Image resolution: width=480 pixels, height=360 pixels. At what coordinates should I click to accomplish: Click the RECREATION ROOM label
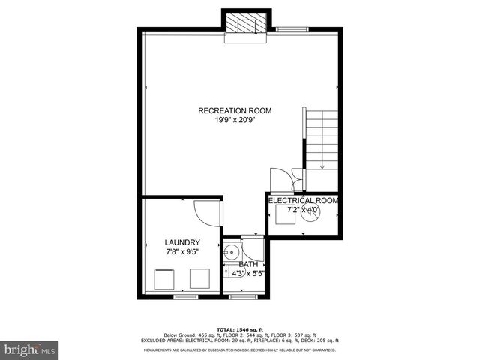click(235, 111)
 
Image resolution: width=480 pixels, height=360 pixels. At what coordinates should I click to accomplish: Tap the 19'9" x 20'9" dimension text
click(235, 120)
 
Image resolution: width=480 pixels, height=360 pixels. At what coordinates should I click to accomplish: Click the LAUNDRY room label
click(182, 242)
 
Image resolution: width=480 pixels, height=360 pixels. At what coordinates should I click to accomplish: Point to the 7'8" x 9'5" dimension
click(182, 252)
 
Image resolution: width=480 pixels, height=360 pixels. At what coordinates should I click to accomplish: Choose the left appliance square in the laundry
click(164, 279)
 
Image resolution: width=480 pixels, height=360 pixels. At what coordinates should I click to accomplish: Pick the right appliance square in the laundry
click(200, 279)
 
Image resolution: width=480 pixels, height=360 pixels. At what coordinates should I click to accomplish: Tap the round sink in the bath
click(232, 251)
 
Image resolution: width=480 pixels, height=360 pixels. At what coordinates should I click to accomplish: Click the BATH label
click(248, 265)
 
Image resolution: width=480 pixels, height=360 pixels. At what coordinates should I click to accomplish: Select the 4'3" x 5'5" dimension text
click(248, 274)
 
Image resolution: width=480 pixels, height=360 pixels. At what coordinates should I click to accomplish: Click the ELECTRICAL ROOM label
click(303, 201)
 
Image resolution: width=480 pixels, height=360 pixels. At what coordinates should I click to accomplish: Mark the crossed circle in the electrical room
click(313, 211)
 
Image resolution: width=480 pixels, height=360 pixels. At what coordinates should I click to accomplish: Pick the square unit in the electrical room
click(285, 214)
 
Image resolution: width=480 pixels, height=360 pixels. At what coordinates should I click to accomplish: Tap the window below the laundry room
click(185, 297)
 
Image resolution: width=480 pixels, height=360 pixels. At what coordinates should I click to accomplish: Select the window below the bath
click(241, 297)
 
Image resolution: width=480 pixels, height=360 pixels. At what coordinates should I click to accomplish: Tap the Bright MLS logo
click(29, 349)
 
